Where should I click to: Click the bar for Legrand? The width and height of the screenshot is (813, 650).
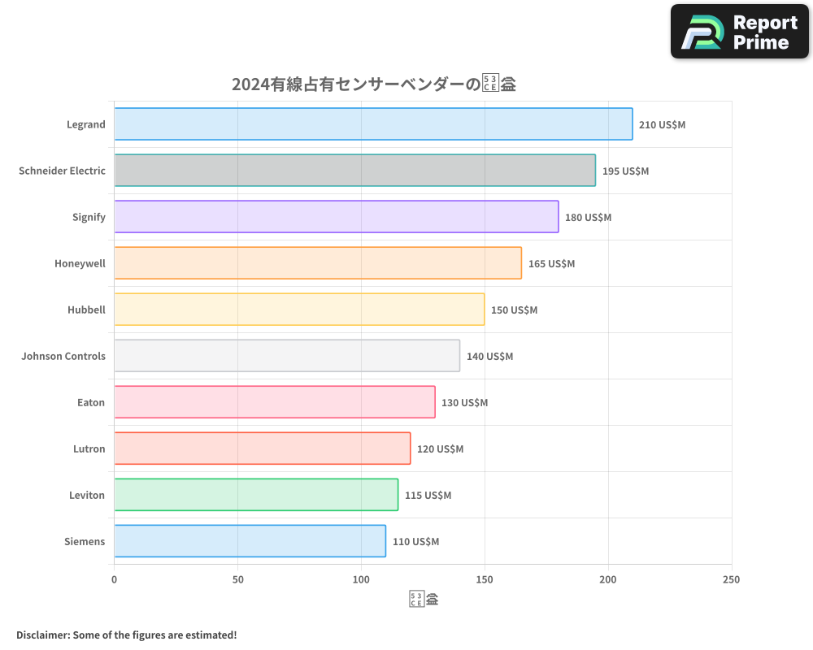point(373,124)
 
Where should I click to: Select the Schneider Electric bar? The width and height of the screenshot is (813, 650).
point(354,171)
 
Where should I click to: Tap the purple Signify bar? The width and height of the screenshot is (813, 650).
point(336,217)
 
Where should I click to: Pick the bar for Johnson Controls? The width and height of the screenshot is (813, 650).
point(287,356)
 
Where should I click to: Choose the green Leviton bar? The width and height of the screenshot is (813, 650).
point(256,495)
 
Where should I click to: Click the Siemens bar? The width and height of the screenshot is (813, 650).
point(250,541)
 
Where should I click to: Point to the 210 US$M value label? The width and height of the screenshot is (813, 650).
point(663,124)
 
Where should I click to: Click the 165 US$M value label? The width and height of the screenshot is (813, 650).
point(551,263)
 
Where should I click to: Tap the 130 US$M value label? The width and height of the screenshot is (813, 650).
point(465,402)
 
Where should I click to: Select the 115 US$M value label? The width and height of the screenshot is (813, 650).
point(428,495)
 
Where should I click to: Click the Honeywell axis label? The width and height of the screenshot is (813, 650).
point(80,263)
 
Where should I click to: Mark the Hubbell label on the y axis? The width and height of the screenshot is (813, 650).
point(86,310)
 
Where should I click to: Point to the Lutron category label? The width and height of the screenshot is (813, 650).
point(89,448)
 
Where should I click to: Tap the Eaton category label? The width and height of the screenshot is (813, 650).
point(91,402)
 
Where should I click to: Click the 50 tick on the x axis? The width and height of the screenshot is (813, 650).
point(237,579)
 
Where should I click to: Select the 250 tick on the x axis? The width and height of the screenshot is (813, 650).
point(731,579)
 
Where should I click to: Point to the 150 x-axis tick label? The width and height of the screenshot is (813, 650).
point(485,579)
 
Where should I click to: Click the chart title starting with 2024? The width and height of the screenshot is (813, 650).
point(374,84)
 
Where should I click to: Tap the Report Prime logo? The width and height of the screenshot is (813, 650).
point(740,32)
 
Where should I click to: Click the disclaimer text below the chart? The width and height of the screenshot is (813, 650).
point(127,635)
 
